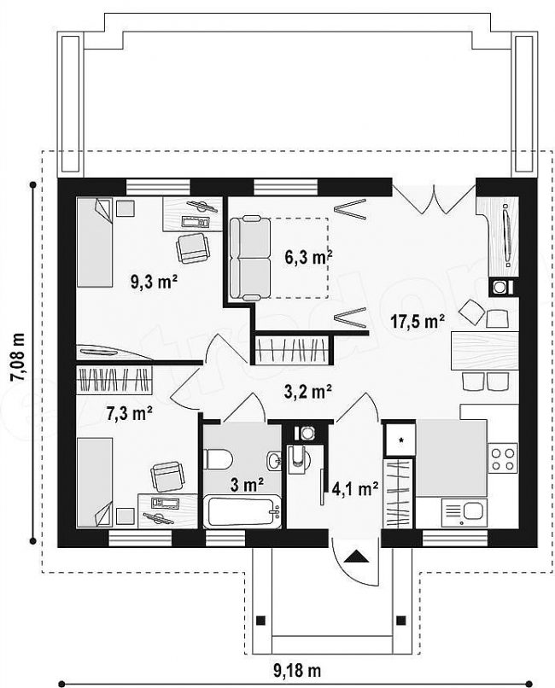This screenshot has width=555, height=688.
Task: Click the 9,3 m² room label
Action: point(154,281)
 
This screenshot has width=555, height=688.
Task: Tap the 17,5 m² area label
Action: point(418,322)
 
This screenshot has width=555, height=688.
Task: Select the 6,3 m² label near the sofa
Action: point(308,257)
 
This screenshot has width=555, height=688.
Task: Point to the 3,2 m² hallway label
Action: point(307,392)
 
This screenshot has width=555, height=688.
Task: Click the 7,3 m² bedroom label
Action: point(130,413)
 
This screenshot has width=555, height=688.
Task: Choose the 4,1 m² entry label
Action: point(355,489)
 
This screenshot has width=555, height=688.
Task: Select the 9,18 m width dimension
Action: point(297,670)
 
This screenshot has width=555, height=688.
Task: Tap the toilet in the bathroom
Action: point(218,459)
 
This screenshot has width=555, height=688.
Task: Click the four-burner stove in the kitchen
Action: point(503,458)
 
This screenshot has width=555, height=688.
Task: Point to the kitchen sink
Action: point(464,512)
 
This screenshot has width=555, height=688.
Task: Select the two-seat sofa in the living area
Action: point(250,258)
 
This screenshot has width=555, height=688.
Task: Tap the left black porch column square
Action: point(260,621)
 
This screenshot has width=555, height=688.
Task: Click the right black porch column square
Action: point(400,621)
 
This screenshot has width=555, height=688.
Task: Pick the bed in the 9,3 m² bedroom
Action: point(95,242)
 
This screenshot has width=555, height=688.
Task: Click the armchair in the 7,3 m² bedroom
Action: point(166,477)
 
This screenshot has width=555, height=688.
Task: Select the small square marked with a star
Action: point(400,440)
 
